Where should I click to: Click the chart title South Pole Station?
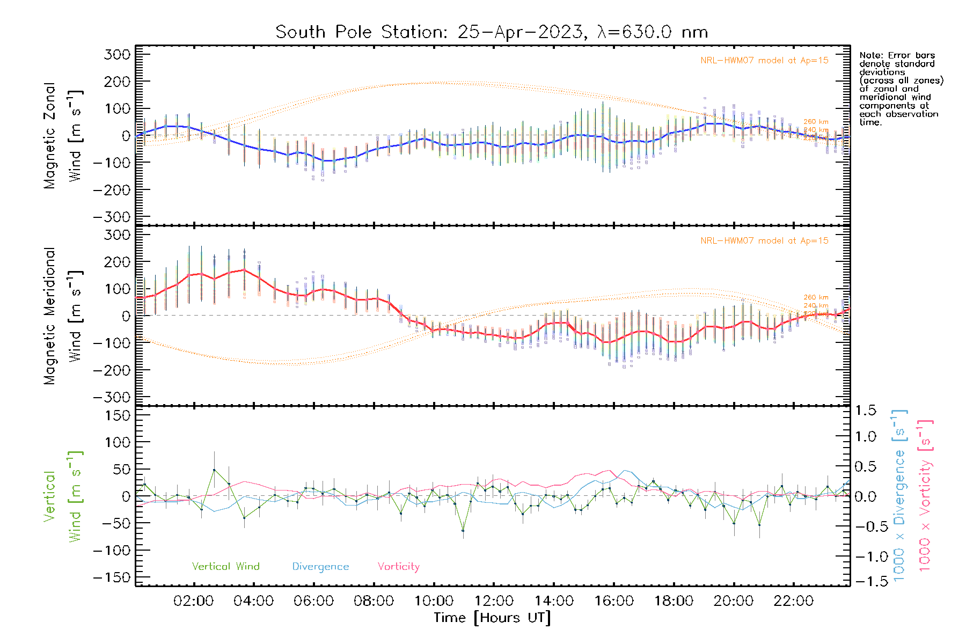(x=491, y=32)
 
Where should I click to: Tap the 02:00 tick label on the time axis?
(x=193, y=601)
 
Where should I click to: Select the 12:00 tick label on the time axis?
(x=494, y=601)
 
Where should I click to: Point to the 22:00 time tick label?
(x=793, y=601)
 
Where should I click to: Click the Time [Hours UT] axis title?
(x=492, y=618)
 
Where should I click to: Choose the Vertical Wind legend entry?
(x=225, y=567)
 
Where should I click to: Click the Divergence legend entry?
(x=320, y=567)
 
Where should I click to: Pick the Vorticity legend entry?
(x=398, y=567)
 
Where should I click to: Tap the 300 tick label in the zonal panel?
(x=118, y=54)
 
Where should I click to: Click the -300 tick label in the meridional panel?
(x=112, y=397)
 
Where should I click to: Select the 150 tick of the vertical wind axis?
(x=118, y=415)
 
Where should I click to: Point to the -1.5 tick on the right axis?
(x=872, y=581)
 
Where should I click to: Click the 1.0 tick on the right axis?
(x=865, y=437)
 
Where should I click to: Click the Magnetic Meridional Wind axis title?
(x=63, y=316)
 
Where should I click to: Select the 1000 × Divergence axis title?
(x=899, y=496)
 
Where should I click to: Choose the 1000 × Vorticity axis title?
(x=925, y=496)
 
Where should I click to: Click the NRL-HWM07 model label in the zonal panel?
(x=764, y=61)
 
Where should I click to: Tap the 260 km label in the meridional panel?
(x=816, y=297)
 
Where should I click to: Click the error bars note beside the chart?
(x=901, y=89)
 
